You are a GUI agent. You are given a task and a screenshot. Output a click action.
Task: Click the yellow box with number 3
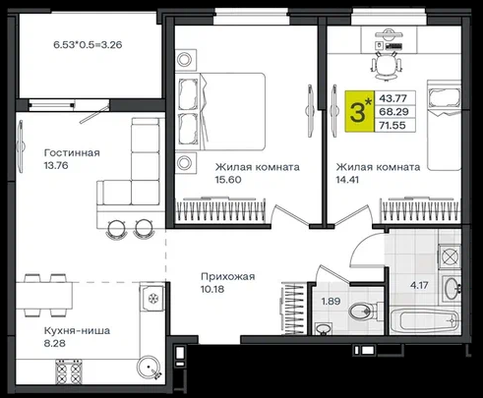[360, 111]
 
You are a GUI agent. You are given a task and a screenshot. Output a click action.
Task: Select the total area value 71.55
[392, 125]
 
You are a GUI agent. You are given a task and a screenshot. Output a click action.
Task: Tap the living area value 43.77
[392, 98]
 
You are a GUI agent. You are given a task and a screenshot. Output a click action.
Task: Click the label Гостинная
[72, 153]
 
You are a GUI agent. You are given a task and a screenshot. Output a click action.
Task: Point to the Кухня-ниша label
[77, 330]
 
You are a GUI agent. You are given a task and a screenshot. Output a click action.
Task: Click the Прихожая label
[228, 276]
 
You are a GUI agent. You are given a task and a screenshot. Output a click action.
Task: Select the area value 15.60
[228, 180]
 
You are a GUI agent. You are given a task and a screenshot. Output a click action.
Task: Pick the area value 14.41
[347, 180]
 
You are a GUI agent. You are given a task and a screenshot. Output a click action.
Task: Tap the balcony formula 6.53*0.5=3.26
[88, 44]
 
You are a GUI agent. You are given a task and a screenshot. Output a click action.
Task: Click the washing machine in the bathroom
[450, 256]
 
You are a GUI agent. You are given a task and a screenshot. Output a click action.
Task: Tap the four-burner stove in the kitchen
[69, 371]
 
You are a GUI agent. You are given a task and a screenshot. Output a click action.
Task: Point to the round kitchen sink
[150, 368]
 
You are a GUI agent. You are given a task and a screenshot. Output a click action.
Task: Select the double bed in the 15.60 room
[220, 111]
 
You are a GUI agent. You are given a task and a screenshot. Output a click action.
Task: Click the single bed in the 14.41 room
[444, 125]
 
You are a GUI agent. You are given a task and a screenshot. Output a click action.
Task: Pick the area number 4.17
[419, 285]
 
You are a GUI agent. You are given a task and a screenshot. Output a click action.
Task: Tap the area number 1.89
[331, 301]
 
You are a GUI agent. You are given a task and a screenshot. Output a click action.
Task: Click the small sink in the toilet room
[324, 328]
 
